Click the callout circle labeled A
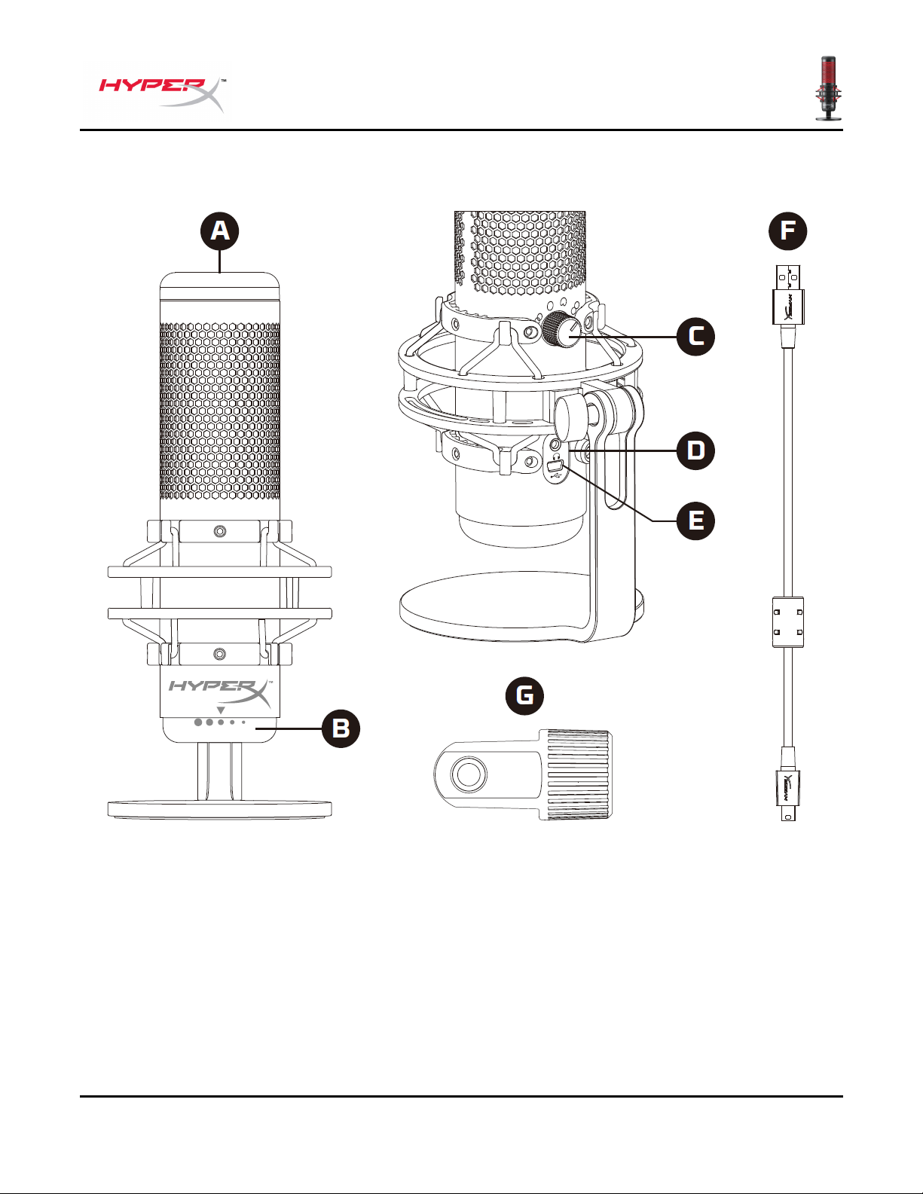(219, 231)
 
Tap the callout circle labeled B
(341, 728)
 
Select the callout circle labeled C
(695, 336)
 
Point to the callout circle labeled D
(695, 450)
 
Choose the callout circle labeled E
(695, 521)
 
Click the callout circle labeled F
(788, 231)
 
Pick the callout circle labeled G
(524, 695)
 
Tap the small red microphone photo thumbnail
(829, 88)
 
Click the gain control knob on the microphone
(561, 329)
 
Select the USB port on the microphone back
(555, 468)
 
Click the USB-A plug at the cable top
(788, 295)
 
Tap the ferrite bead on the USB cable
(788, 622)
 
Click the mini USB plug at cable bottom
(788, 795)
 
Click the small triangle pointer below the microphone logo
(220, 710)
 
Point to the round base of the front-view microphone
(220, 809)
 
